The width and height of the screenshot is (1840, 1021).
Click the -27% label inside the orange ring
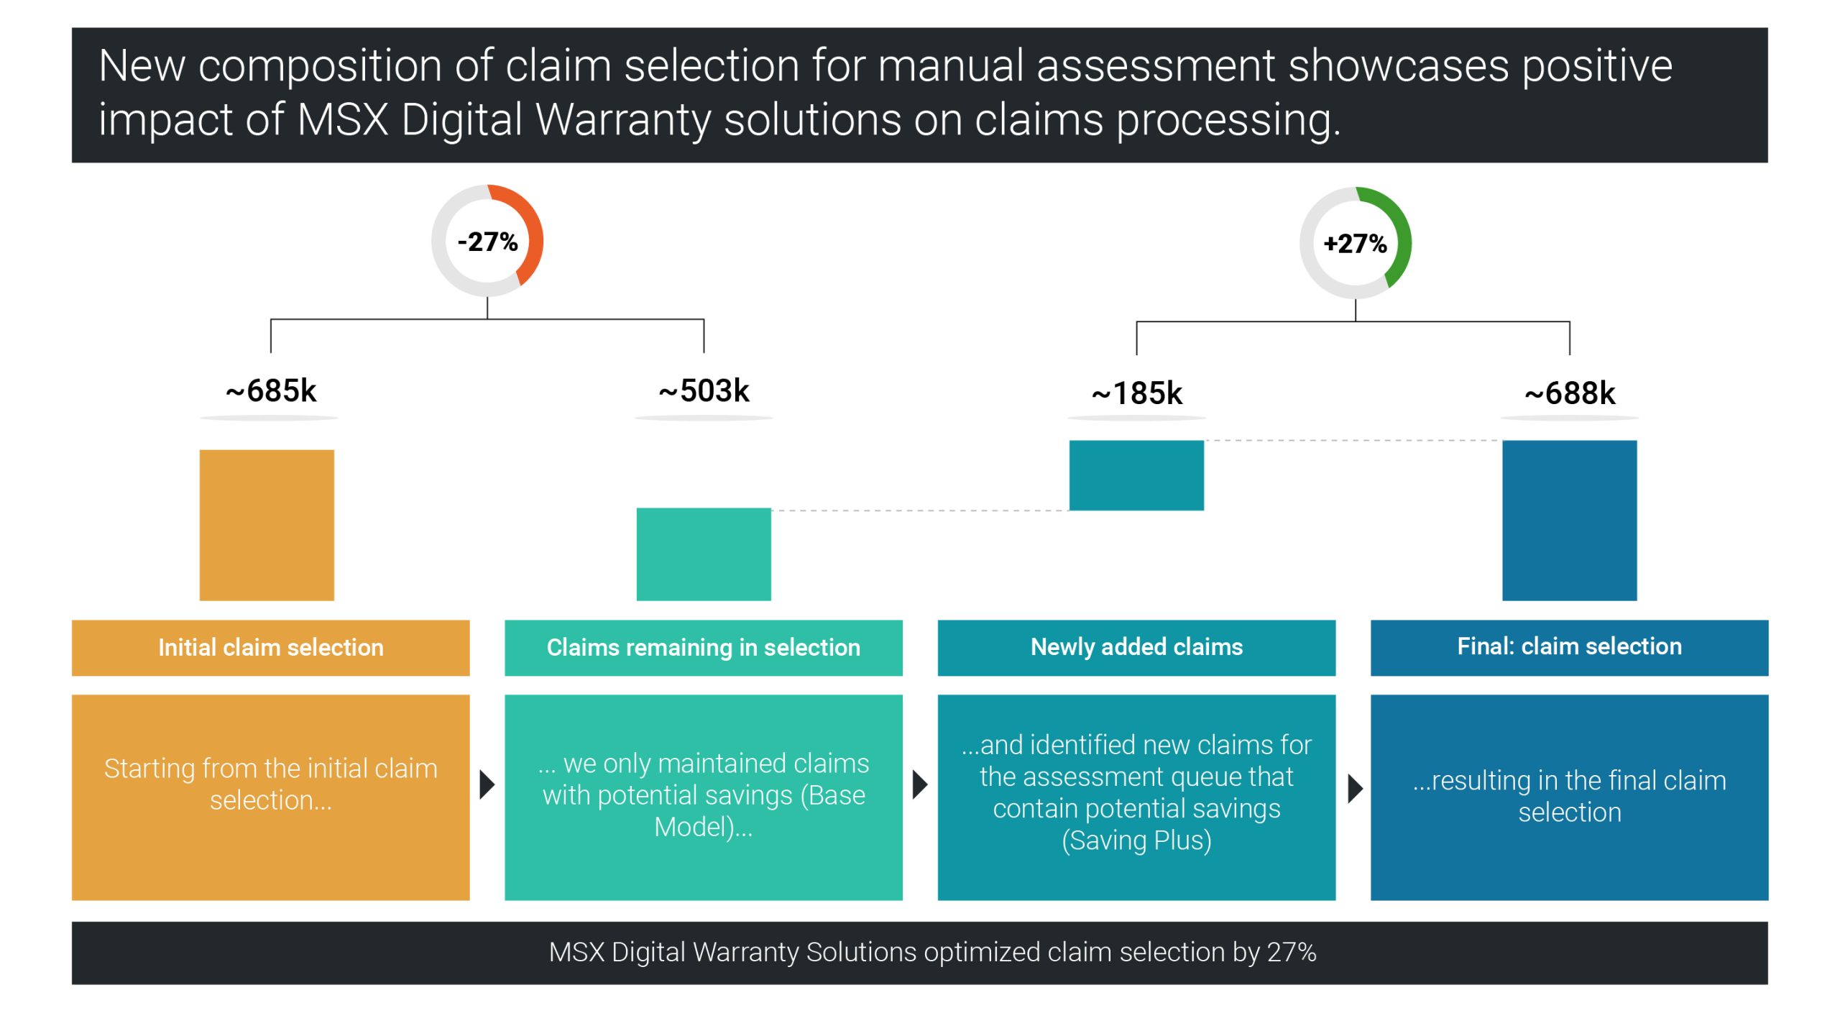coord(487,242)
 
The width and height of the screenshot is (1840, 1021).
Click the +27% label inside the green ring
coord(1355,244)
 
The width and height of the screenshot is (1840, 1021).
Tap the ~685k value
coord(271,391)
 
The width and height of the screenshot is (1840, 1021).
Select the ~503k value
coord(704,391)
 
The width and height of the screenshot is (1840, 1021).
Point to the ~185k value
coord(1136,393)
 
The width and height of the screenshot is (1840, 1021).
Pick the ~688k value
coord(1570,393)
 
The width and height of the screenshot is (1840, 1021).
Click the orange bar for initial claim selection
coord(267,525)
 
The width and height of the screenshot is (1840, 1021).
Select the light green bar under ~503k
coord(704,554)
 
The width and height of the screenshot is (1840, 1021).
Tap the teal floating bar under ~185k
coord(1136,475)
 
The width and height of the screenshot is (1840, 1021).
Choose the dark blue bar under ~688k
coord(1570,520)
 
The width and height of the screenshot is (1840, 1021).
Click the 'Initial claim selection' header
coord(271,647)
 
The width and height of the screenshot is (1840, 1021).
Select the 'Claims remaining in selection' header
coord(704,647)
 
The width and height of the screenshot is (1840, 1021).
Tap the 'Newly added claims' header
coord(1136,647)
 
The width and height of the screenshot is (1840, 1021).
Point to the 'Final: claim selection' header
coord(1570,647)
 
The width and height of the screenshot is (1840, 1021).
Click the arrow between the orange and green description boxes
coord(487,784)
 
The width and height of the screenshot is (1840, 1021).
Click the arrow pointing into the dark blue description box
coord(1355,789)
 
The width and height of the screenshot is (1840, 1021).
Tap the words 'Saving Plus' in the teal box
coord(1136,841)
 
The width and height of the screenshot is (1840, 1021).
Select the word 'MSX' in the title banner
coord(342,119)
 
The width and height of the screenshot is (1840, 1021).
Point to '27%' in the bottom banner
coord(1292,952)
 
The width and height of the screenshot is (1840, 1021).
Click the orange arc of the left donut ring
coord(532,230)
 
